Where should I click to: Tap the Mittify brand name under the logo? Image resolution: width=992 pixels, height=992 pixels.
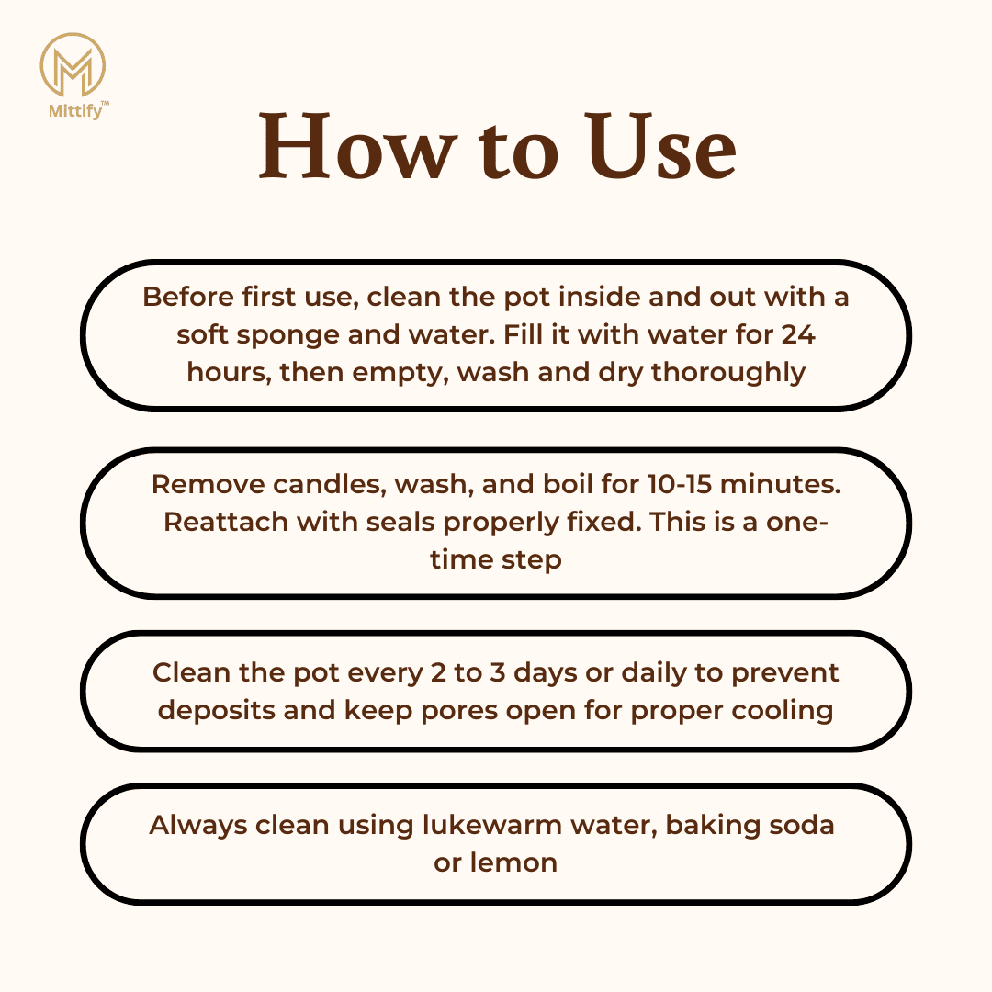point(75,111)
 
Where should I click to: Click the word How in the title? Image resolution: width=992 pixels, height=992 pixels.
point(357,146)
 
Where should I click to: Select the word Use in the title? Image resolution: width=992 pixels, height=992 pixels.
point(661,146)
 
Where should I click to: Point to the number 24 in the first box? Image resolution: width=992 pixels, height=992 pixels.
point(798,334)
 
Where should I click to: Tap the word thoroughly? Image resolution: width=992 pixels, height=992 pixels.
point(728,373)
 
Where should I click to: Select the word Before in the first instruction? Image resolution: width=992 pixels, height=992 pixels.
point(188,297)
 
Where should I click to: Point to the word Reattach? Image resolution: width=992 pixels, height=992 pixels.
point(225,523)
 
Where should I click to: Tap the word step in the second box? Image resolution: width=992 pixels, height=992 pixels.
point(532,561)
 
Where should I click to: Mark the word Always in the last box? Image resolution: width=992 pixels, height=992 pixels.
point(198,827)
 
